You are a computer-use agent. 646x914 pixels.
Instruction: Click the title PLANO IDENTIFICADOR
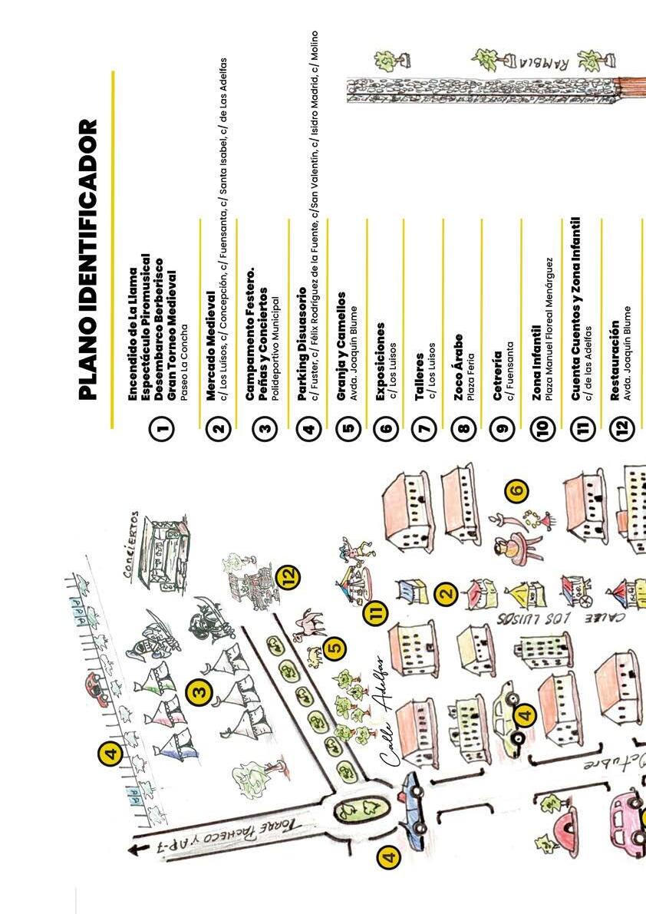(x=89, y=259)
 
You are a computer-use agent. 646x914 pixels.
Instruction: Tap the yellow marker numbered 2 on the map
(x=445, y=592)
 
